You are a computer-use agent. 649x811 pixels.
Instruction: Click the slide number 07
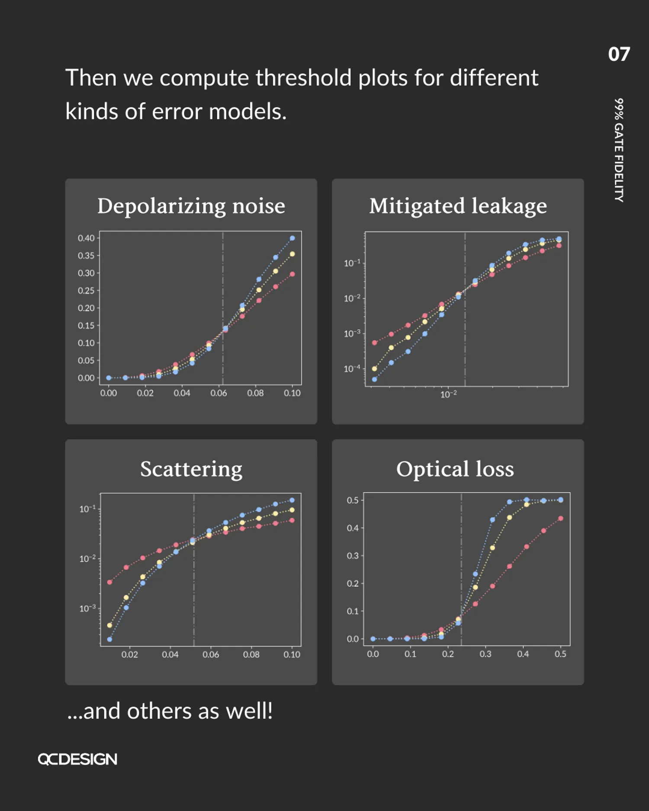(x=619, y=54)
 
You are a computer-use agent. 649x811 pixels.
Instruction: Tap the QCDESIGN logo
(x=77, y=760)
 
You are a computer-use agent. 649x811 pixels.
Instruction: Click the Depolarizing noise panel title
(x=191, y=206)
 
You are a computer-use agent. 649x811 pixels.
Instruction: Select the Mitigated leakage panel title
(x=458, y=206)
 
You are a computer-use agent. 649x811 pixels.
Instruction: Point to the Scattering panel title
(x=191, y=469)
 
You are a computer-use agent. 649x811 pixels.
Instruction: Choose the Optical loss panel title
(x=455, y=469)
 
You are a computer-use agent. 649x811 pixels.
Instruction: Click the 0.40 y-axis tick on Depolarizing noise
(x=86, y=238)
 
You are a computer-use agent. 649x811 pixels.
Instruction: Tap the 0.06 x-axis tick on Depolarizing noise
(x=218, y=393)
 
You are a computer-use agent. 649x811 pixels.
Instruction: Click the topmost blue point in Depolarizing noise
(x=292, y=238)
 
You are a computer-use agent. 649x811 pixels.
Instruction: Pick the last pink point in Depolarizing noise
(x=292, y=274)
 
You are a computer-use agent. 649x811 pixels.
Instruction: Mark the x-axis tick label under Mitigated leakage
(x=448, y=394)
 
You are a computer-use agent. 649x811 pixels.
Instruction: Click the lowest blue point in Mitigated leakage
(x=374, y=380)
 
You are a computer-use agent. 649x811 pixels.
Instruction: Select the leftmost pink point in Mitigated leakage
(x=374, y=343)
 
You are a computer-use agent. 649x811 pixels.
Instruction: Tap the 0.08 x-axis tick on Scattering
(x=251, y=655)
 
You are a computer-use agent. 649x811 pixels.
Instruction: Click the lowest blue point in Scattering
(x=109, y=639)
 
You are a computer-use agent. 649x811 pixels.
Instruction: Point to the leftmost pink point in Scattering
(x=109, y=582)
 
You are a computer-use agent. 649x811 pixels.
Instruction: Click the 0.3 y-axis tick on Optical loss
(x=353, y=556)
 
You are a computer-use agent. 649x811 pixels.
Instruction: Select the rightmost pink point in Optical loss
(x=560, y=519)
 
